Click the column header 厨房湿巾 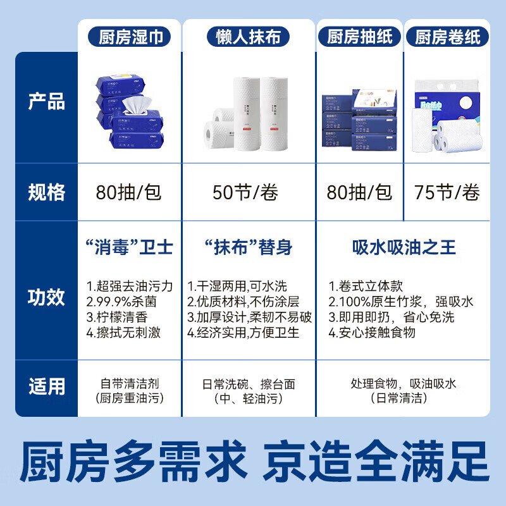[x=131, y=37]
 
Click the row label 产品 [x=46, y=102]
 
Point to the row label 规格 [x=46, y=192]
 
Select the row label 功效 [x=46, y=297]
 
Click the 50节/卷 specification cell [x=245, y=192]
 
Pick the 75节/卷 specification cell [x=447, y=192]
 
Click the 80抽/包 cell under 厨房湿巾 [x=129, y=192]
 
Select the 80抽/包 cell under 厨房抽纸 [x=359, y=192]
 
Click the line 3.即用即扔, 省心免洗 [x=391, y=317]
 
